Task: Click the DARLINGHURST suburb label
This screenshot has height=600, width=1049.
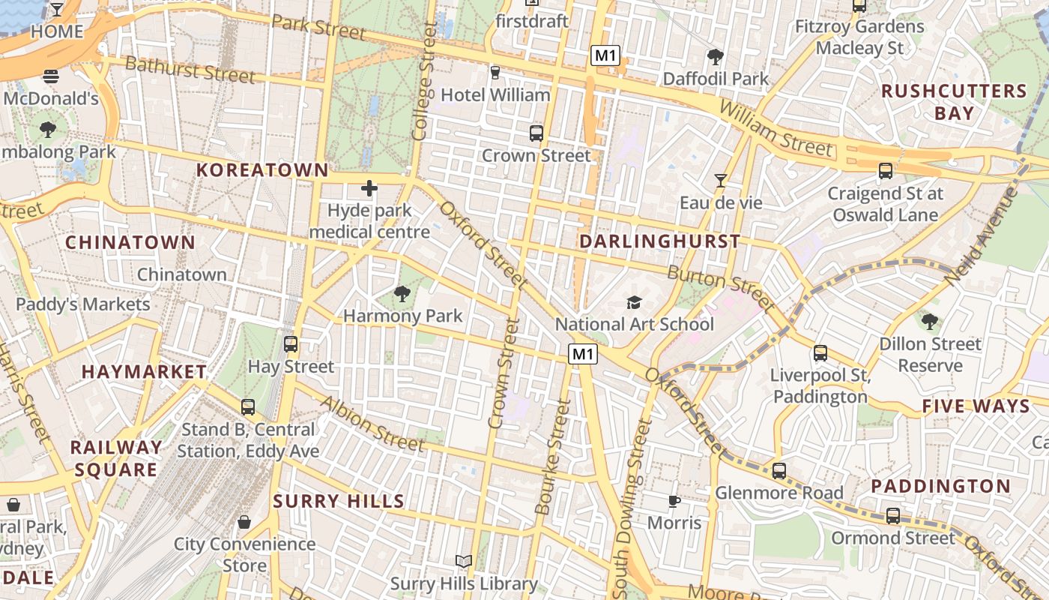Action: pyautogui.click(x=659, y=241)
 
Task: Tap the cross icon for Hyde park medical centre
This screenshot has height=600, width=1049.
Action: pyautogui.click(x=369, y=188)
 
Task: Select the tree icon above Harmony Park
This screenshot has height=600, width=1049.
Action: pyautogui.click(x=402, y=294)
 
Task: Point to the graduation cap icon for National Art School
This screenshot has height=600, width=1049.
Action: pyautogui.click(x=635, y=302)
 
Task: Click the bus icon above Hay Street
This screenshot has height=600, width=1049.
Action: pyautogui.click(x=291, y=344)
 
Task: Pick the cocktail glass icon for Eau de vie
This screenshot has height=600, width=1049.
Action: pyautogui.click(x=721, y=181)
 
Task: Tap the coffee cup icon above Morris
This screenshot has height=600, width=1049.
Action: pyautogui.click(x=674, y=501)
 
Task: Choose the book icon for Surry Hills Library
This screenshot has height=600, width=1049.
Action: pyautogui.click(x=464, y=561)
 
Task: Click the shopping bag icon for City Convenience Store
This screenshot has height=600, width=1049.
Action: pyautogui.click(x=244, y=522)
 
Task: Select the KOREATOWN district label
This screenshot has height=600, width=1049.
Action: pyautogui.click(x=262, y=170)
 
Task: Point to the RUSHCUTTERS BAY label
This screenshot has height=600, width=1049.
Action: pyautogui.click(x=954, y=102)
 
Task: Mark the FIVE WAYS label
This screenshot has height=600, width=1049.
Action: pyautogui.click(x=976, y=406)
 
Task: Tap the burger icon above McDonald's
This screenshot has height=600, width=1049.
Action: pyautogui.click(x=51, y=76)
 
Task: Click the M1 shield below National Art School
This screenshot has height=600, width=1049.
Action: pyautogui.click(x=583, y=354)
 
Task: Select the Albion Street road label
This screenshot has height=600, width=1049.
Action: pyautogui.click(x=372, y=424)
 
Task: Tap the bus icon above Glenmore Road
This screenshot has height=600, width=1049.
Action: pyautogui.click(x=779, y=471)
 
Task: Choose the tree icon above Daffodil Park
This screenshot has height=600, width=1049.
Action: pyautogui.click(x=716, y=56)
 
